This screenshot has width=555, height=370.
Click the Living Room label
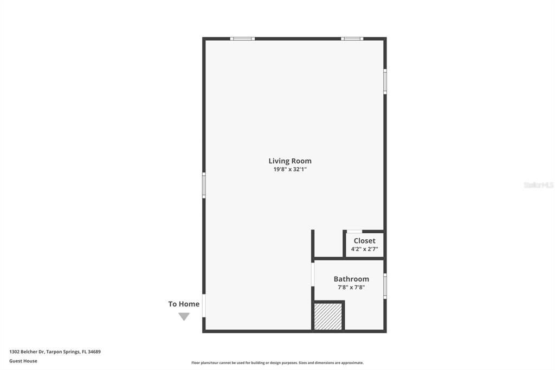[x=290, y=161]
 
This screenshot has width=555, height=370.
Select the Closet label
[x=364, y=241]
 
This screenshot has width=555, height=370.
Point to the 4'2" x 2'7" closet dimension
[x=364, y=249]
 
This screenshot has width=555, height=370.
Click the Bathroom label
[x=351, y=279]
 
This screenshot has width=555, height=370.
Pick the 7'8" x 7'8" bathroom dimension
[x=351, y=287]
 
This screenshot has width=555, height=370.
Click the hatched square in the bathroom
[x=328, y=316]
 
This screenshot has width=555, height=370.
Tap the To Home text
[x=184, y=304]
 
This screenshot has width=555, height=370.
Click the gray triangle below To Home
[x=184, y=316]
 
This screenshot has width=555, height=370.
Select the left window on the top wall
[x=242, y=39]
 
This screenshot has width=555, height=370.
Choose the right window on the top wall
[x=352, y=39]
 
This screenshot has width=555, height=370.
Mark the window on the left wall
[x=204, y=185]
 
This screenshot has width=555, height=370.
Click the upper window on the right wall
[x=385, y=81]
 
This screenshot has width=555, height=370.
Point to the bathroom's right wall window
[x=385, y=286]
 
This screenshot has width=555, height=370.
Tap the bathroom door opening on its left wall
[x=313, y=274]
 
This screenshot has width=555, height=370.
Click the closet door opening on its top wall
[x=354, y=232]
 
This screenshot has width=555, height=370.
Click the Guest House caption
[x=23, y=361]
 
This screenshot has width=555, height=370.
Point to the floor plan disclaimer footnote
[x=277, y=363]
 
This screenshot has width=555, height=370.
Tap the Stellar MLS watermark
[x=538, y=185]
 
